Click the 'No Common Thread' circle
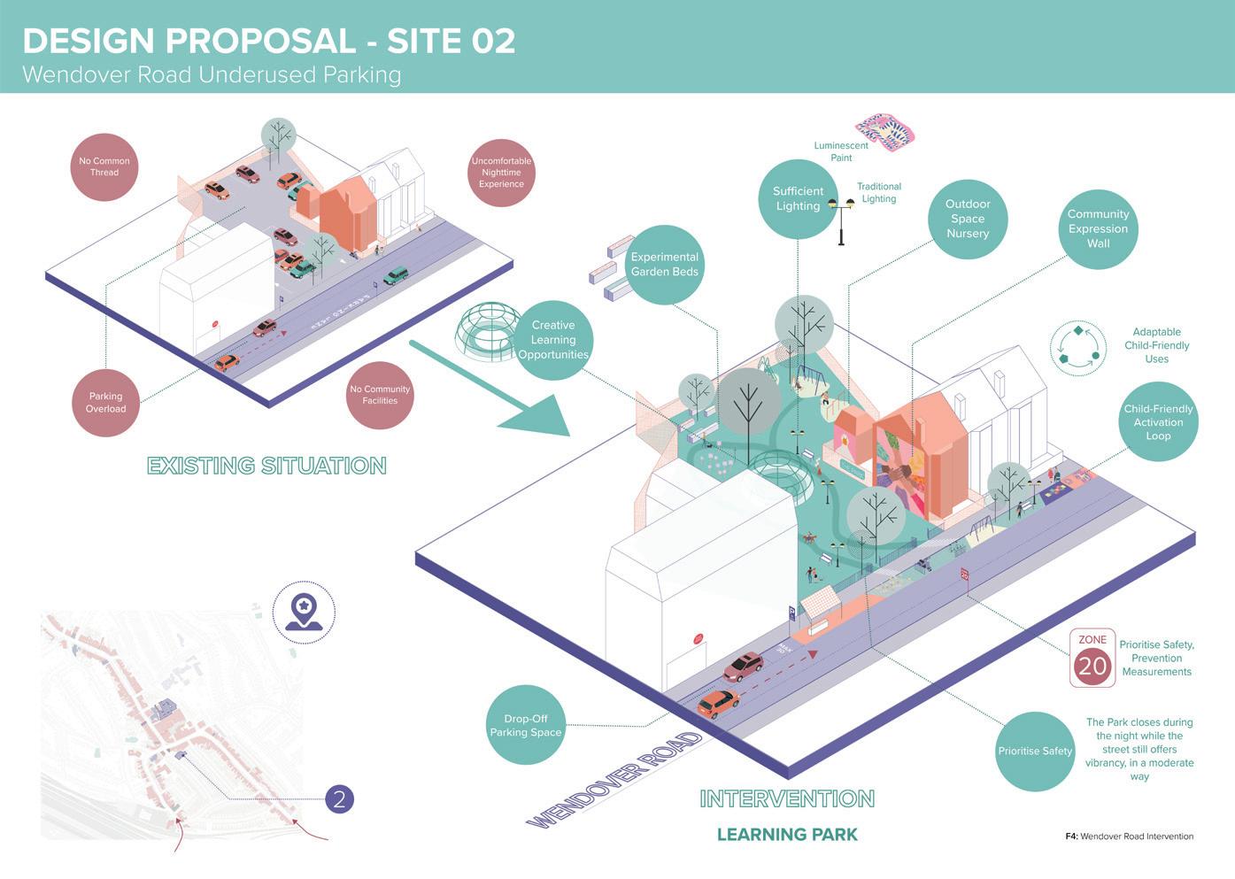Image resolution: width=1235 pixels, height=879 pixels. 104,167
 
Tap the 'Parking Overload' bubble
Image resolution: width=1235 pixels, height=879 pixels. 106,403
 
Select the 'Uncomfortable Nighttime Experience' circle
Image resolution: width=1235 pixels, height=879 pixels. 501,173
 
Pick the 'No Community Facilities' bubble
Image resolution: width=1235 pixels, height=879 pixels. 380,395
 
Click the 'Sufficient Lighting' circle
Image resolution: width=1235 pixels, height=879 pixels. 798,199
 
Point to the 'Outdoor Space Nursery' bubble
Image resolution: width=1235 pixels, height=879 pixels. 968,219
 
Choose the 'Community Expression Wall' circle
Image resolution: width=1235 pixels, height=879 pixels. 1098,228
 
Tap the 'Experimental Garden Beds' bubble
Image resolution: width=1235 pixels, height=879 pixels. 664,265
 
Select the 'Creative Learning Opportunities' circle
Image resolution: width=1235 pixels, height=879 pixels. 553,340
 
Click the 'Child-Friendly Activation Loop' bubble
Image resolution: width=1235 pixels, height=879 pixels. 1158,422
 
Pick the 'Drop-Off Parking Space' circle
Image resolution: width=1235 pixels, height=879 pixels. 526,725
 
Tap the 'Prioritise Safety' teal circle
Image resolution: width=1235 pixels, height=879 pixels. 1035,751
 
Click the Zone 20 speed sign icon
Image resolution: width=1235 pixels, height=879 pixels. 1092,658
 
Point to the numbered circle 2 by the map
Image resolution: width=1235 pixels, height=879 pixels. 339,799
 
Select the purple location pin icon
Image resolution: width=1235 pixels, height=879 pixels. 304,611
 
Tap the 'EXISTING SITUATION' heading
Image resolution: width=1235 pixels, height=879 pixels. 266,466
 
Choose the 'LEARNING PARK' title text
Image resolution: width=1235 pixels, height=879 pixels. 787,834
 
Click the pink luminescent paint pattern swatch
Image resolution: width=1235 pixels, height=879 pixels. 884,131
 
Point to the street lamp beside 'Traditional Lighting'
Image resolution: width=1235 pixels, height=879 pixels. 841,220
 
